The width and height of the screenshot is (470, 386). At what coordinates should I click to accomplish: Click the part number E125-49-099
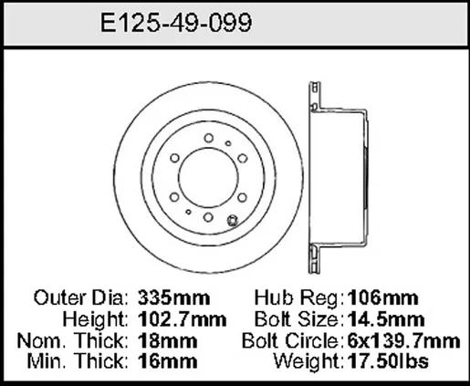pyautogui.click(x=176, y=23)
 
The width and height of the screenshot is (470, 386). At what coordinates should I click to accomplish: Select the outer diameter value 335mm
pyautogui.click(x=173, y=297)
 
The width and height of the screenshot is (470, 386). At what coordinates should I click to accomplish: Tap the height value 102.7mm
pyautogui.click(x=182, y=319)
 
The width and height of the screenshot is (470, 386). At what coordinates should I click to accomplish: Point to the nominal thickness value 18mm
pyautogui.click(x=167, y=340)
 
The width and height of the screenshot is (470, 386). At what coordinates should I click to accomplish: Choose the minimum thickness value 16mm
pyautogui.click(x=167, y=361)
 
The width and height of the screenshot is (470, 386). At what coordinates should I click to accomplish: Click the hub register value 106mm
pyautogui.click(x=382, y=297)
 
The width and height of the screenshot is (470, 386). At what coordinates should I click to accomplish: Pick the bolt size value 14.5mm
pyautogui.click(x=386, y=319)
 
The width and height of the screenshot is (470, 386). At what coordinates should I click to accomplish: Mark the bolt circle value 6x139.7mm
pyautogui.click(x=403, y=340)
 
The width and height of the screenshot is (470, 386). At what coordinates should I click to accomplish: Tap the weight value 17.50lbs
pyautogui.click(x=388, y=361)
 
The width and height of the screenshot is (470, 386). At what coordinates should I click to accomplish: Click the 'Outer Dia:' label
pyautogui.click(x=81, y=297)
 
